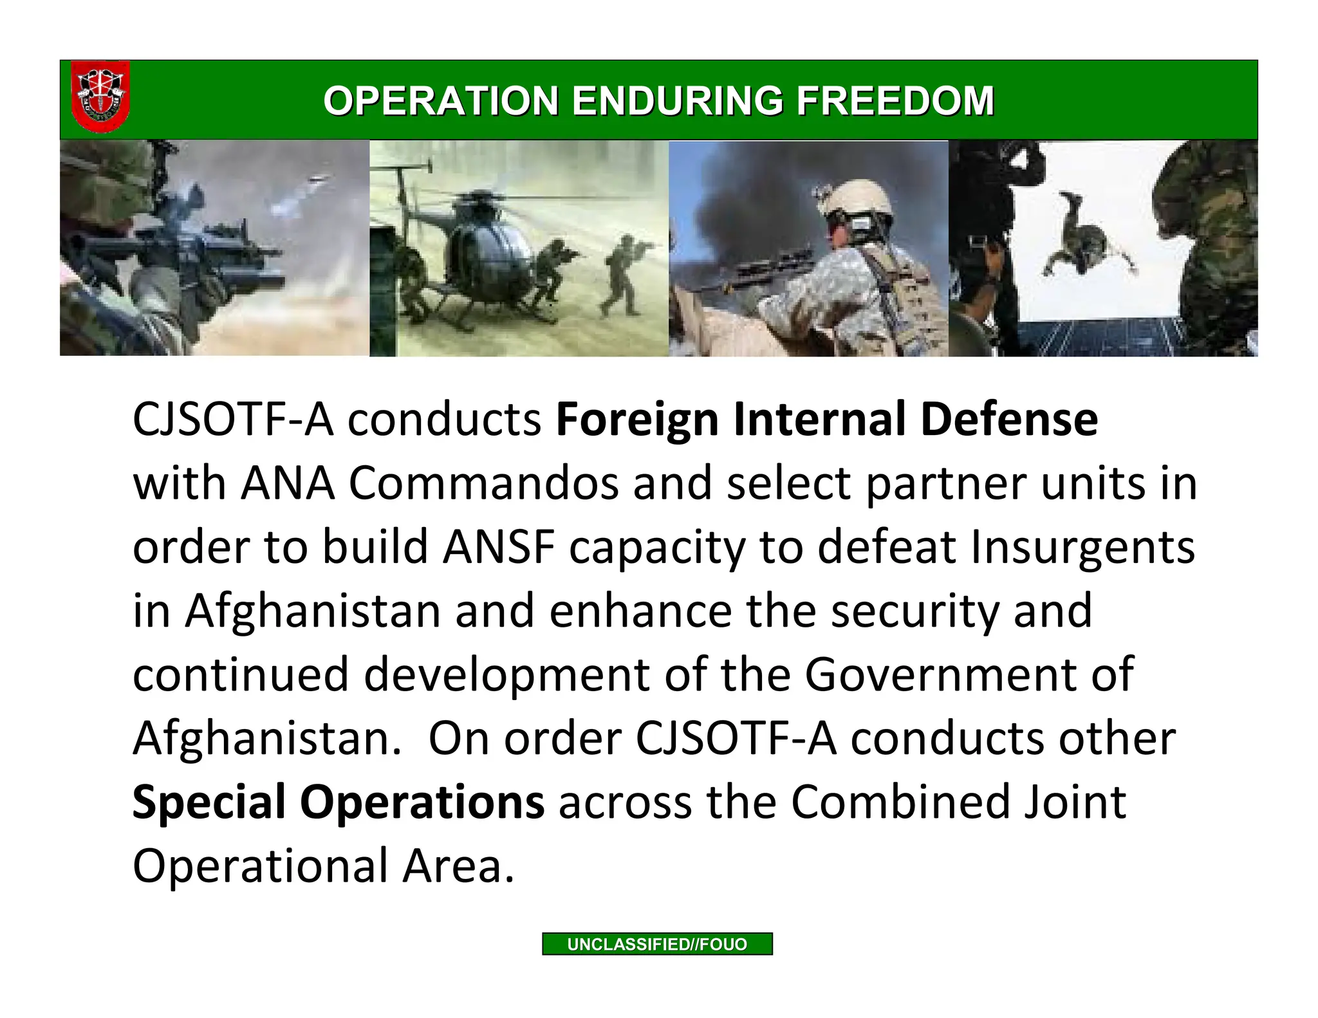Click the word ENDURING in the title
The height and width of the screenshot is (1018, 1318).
(677, 101)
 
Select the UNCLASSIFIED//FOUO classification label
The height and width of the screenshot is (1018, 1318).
(657, 944)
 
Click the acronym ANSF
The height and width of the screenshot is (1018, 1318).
(499, 547)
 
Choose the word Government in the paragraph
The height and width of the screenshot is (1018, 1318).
(942, 674)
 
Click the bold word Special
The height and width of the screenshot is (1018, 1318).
(209, 802)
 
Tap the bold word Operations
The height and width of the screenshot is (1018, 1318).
(422, 802)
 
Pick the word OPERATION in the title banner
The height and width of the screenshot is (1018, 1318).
(441, 101)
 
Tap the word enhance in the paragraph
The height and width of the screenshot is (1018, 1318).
(640, 611)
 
